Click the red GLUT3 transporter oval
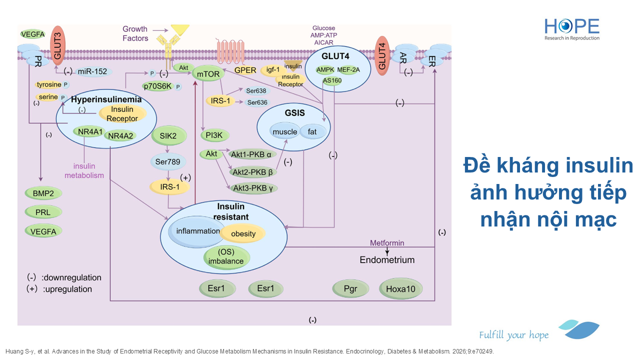[x=57, y=45]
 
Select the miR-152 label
[x=92, y=71]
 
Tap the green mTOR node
[x=208, y=74]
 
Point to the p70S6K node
[x=157, y=86]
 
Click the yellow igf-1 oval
[x=273, y=70]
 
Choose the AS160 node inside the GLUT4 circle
[x=332, y=80]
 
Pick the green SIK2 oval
[x=169, y=135]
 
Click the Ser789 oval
[x=168, y=161]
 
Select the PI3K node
[x=214, y=135]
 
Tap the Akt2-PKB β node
[x=253, y=172]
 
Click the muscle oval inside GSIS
[x=285, y=131]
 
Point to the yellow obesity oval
[x=243, y=233]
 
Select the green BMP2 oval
[x=43, y=193]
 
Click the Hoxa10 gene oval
[x=401, y=288]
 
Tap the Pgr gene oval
[x=350, y=288]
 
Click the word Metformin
[x=387, y=243]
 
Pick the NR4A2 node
[x=120, y=135]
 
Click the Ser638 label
[x=256, y=91]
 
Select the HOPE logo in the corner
[x=572, y=29]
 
